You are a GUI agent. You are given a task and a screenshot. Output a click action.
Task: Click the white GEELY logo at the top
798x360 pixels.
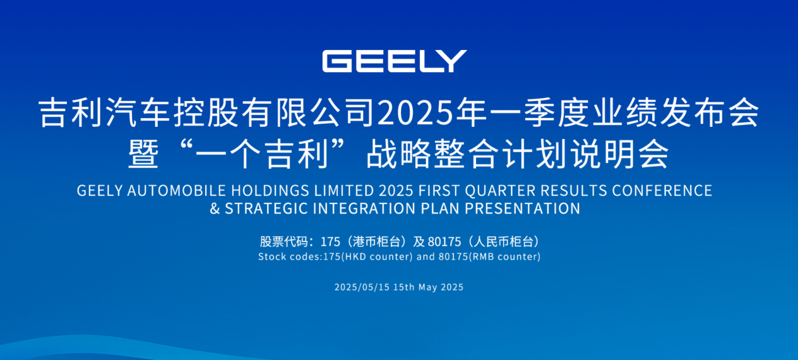(395, 61)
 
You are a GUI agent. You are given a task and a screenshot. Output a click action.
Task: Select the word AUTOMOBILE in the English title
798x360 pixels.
(176, 191)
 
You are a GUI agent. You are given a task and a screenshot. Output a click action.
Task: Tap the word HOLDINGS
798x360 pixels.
(270, 191)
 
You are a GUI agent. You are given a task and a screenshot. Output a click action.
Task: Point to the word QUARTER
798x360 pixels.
(500, 191)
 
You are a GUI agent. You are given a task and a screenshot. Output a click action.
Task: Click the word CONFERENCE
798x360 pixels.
(662, 191)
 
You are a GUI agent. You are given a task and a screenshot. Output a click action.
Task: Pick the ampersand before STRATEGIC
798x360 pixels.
(215, 208)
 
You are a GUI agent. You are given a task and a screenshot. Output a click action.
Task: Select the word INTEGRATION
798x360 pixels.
(364, 208)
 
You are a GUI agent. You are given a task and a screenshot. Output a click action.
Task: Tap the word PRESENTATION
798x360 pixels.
(522, 208)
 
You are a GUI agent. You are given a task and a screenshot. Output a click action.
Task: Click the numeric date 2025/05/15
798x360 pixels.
(362, 287)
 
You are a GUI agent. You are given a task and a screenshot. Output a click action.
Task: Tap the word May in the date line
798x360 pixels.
(428, 287)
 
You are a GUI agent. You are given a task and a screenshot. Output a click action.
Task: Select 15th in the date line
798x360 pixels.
(404, 287)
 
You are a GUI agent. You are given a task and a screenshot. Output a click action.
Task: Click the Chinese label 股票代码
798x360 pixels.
(283, 242)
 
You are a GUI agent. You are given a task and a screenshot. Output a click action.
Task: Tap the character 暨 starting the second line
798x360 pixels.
(143, 154)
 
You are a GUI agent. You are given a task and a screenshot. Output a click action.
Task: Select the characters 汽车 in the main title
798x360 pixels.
(138, 112)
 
